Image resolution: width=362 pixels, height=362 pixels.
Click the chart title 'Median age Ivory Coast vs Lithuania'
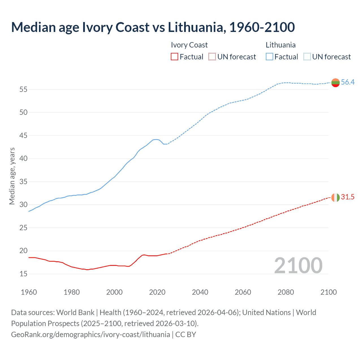[x=153, y=27]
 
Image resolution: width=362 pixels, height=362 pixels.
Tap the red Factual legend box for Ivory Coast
[x=174, y=57]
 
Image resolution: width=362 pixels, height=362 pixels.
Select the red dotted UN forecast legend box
[x=212, y=57]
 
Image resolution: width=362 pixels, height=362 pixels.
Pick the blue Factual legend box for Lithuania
[x=270, y=57]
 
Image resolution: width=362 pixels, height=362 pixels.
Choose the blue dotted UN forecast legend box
[x=307, y=57]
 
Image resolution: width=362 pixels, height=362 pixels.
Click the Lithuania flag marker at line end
[x=335, y=83]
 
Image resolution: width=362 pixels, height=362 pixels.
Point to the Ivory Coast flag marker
[x=335, y=197]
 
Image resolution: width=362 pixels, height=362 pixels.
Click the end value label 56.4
[x=348, y=82]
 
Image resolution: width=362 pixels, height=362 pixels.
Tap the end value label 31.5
[x=348, y=197]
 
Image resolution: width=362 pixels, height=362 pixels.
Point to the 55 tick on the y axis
[x=23, y=90]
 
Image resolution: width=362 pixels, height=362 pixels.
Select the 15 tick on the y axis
[x=23, y=274]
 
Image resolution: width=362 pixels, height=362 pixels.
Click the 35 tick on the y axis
[x=23, y=182]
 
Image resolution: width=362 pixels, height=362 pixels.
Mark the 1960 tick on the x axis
[x=29, y=292]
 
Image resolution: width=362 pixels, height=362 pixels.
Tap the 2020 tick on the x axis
[x=157, y=292]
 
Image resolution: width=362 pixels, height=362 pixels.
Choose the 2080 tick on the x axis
[x=286, y=292]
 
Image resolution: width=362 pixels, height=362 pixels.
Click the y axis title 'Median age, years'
[x=12, y=176]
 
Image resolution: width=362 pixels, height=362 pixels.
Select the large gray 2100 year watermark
[x=298, y=266]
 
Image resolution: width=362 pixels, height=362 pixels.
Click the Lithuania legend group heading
[x=281, y=45]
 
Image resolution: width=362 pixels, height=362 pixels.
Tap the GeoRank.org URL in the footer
[x=90, y=335]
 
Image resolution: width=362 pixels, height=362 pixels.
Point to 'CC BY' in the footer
[x=186, y=335]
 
